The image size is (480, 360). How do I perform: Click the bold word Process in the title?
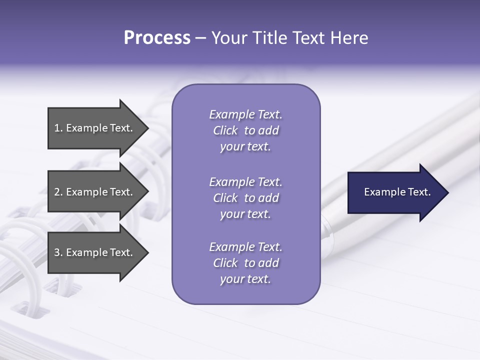pos(157,37)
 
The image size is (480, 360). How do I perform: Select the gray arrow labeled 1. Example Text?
pos(95,128)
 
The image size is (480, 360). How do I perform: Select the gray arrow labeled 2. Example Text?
pos(95,192)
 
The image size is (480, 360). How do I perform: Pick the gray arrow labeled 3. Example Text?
pos(95,252)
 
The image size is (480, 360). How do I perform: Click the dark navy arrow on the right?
pos(395,192)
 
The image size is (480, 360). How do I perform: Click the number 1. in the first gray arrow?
pos(58,128)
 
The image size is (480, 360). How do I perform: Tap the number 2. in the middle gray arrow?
pos(58,192)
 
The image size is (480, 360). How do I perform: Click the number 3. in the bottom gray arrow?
pos(58,252)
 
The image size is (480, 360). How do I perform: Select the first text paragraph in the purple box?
pos(245,130)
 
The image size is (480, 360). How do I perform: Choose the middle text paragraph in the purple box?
pos(245,198)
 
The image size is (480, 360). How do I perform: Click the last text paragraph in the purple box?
pos(245,263)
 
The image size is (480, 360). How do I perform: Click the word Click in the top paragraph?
pos(225,130)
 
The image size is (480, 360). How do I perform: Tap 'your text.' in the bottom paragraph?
pos(245,279)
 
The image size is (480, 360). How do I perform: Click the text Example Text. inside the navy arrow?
pos(397,192)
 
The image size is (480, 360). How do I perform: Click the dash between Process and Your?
pos(200,38)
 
